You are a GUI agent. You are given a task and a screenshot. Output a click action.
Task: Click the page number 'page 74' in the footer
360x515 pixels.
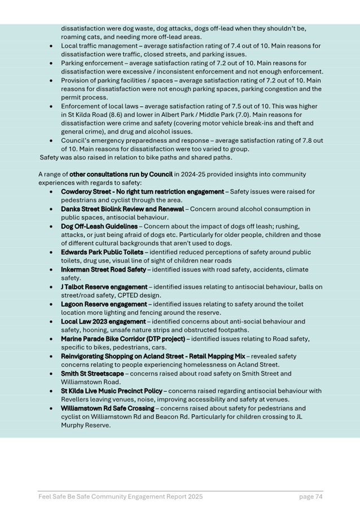(310, 497)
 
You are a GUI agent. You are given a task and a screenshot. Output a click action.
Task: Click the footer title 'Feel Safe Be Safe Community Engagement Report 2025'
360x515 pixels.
(120, 497)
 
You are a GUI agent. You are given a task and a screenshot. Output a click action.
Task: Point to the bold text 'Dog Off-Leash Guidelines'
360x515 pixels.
(99, 226)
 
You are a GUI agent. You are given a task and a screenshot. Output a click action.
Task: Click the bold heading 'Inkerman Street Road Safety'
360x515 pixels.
(103, 270)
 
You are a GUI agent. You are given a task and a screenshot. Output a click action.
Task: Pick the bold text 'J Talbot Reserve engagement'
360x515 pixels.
(104, 287)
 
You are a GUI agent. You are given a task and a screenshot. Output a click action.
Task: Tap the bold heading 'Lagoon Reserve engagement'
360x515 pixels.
(103, 304)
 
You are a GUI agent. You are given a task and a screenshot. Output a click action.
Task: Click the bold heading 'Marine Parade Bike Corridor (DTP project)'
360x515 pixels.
(123, 339)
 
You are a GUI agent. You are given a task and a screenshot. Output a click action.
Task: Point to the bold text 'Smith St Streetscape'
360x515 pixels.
(92, 373)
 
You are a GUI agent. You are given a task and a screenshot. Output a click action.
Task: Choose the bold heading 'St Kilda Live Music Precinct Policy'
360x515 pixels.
(112, 391)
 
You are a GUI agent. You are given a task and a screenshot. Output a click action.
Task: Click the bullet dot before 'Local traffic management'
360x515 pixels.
(52, 46)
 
